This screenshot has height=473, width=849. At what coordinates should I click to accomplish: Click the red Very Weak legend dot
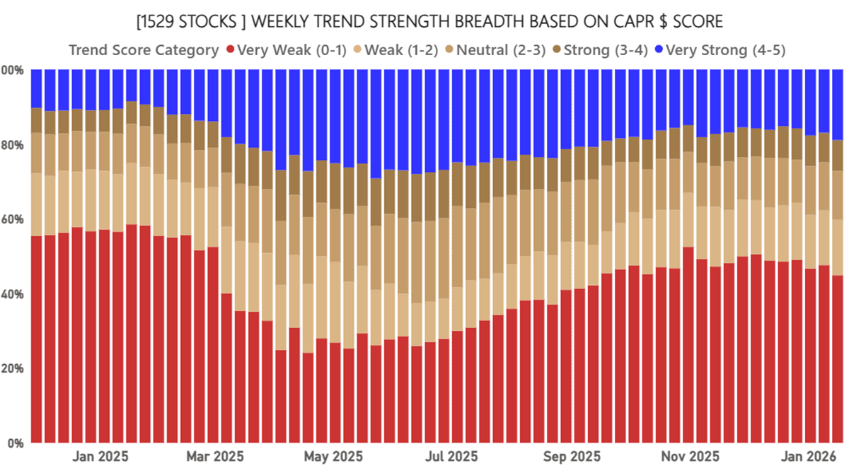230,49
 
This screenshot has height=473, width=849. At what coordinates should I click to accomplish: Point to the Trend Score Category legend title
144,49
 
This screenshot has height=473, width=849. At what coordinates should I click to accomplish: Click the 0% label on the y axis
16,443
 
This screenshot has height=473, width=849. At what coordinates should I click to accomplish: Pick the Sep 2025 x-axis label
570,457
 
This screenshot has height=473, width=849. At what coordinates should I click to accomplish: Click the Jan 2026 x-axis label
807,457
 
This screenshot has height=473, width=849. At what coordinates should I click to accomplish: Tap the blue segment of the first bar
37,88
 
